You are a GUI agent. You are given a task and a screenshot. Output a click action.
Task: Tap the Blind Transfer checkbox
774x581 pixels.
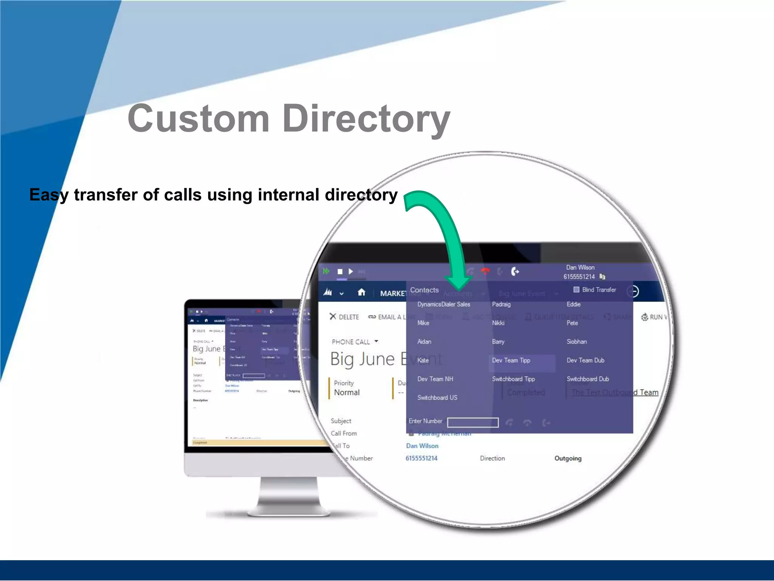pyautogui.click(x=576, y=290)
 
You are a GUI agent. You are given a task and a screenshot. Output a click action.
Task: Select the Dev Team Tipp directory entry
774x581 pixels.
pyautogui.click(x=511, y=360)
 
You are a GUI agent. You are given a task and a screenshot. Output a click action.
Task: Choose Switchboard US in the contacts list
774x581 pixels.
pyautogui.click(x=437, y=398)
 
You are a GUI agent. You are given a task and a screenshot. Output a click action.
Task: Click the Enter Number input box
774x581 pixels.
pyautogui.click(x=473, y=423)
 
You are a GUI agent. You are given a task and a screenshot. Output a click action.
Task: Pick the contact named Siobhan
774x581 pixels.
pyautogui.click(x=577, y=342)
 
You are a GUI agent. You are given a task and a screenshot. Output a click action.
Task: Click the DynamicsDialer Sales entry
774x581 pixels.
pyautogui.click(x=444, y=304)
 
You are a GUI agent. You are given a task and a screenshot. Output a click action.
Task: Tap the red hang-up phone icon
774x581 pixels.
pyautogui.click(x=485, y=271)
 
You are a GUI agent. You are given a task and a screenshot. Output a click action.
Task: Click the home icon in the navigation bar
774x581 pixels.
pyautogui.click(x=362, y=292)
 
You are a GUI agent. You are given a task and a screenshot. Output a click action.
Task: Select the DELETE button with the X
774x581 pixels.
pyautogui.click(x=344, y=317)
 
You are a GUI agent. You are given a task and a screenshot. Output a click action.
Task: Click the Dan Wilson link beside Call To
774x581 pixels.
pyautogui.click(x=422, y=446)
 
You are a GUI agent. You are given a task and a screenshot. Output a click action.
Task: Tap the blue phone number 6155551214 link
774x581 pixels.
pyautogui.click(x=421, y=458)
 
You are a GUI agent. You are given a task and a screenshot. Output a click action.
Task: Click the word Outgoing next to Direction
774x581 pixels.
pyautogui.click(x=568, y=458)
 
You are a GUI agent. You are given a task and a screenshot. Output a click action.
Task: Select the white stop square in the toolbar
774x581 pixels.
pyautogui.click(x=340, y=272)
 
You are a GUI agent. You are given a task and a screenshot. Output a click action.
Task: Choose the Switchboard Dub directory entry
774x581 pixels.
pyautogui.click(x=588, y=379)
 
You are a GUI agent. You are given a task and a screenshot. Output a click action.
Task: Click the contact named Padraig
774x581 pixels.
pyautogui.click(x=501, y=304)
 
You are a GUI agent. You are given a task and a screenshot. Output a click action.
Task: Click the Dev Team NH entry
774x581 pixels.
pyautogui.click(x=435, y=379)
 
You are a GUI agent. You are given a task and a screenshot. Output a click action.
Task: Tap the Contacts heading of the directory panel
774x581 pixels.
pyautogui.click(x=424, y=290)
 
